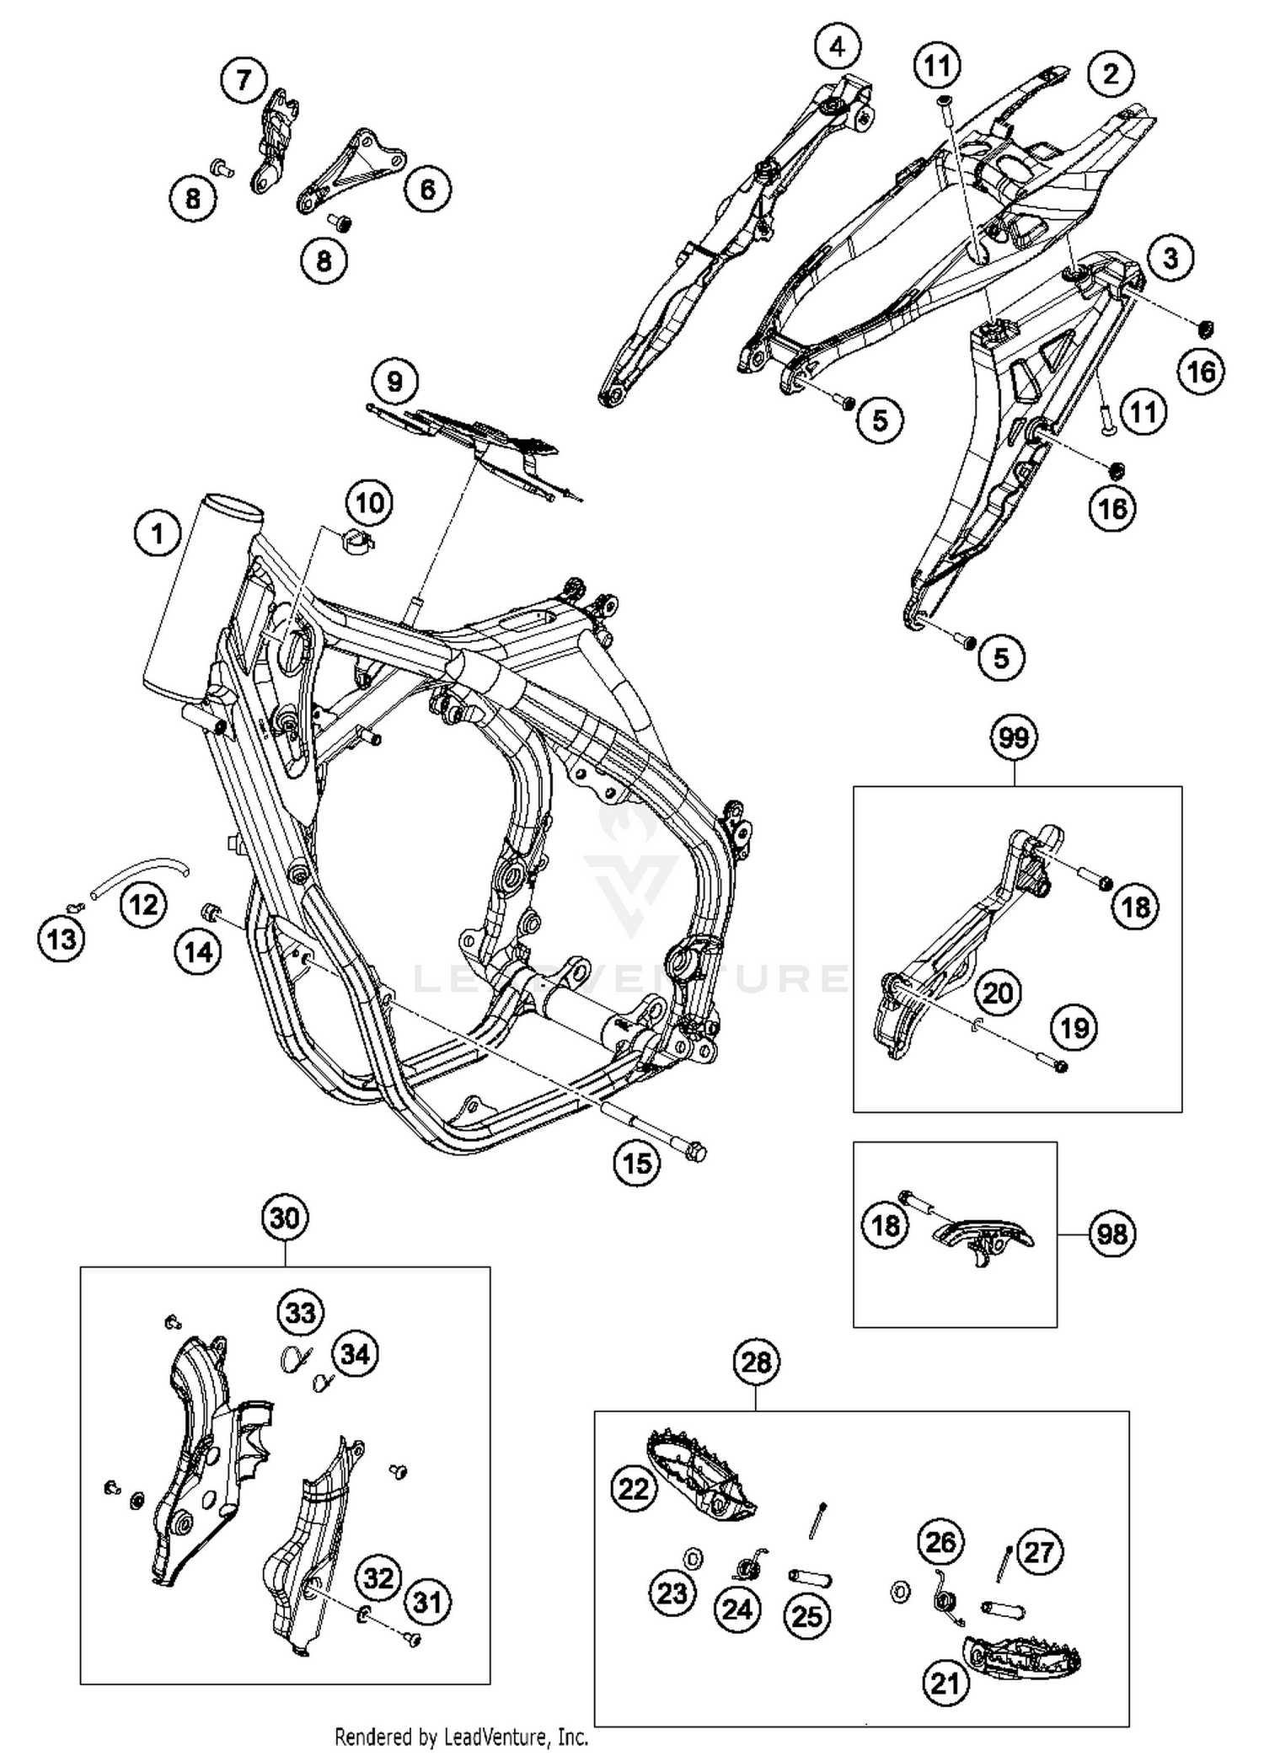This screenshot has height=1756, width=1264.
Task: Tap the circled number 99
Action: (x=1014, y=738)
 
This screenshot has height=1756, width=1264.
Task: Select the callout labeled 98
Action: (x=1111, y=1234)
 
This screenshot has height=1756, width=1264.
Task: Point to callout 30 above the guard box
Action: (x=285, y=1218)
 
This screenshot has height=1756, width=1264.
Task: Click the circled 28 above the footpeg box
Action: (x=756, y=1362)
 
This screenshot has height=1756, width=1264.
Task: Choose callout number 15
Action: (x=637, y=1163)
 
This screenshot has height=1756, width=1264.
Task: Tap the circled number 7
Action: (x=244, y=80)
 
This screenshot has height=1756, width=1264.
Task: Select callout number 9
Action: (x=394, y=382)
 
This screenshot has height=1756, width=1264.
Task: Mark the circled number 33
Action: (x=301, y=1313)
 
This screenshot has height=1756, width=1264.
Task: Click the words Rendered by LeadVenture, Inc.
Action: (x=461, y=1737)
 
